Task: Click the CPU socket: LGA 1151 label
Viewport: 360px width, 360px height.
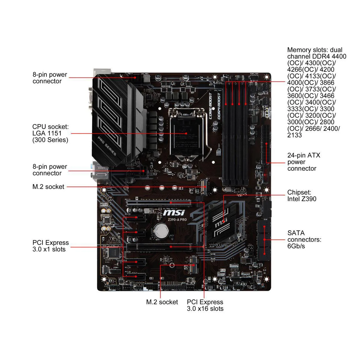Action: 50,133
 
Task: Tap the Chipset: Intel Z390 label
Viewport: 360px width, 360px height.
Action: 301,196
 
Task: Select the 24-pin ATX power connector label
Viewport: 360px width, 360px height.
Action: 303,162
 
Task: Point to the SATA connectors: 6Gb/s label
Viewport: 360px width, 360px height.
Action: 304,239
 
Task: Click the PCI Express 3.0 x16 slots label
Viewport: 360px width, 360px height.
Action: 205,305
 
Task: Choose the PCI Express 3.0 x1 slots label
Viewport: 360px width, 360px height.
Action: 50,246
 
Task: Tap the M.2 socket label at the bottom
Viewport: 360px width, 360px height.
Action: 162,302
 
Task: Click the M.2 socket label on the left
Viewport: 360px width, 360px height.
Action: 48,186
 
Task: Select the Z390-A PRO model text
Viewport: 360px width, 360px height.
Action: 177,220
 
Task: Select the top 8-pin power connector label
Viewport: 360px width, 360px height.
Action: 50,78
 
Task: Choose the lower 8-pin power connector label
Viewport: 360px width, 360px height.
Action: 50,170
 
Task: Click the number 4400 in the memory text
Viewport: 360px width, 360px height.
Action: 339,56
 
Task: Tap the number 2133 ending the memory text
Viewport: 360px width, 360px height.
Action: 294,135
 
